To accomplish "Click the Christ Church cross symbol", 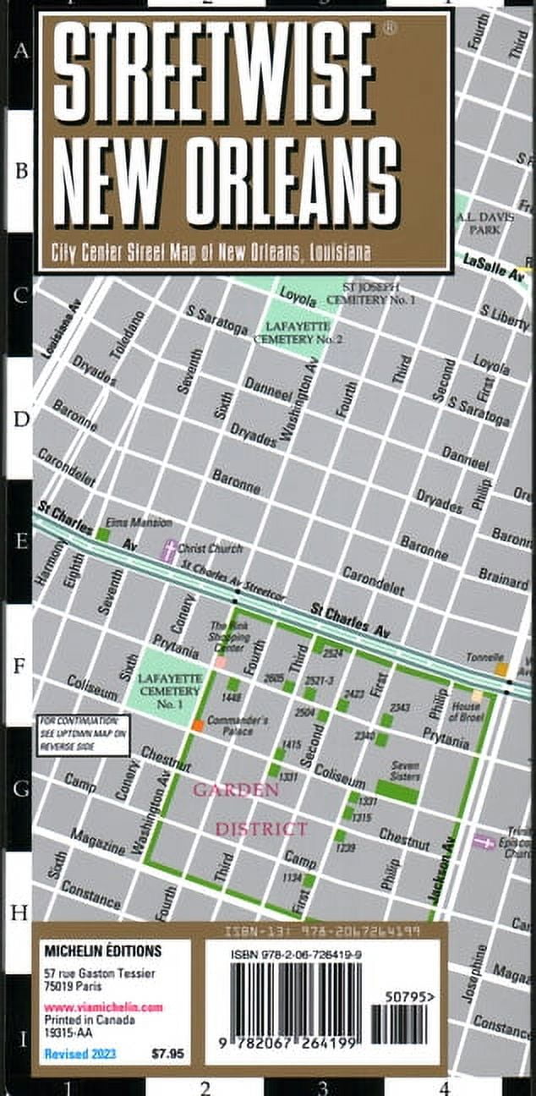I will pyautogui.click(x=171, y=551).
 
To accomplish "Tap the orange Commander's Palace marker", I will pyautogui.click(x=197, y=725).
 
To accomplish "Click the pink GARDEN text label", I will pyautogui.click(x=235, y=790).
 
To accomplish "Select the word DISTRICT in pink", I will pyautogui.click(x=260, y=829).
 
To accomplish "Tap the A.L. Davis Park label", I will pyautogui.click(x=484, y=222).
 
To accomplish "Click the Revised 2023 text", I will pyautogui.click(x=79, y=1054).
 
